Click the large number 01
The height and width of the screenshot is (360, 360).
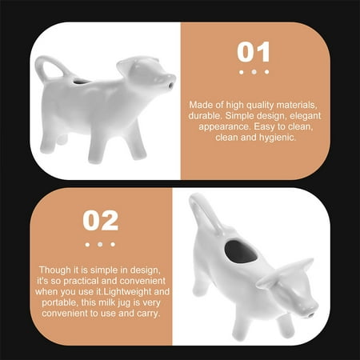(x=254, y=53)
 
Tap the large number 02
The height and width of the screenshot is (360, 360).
(x=101, y=220)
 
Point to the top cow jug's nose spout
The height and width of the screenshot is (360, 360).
(x=170, y=82)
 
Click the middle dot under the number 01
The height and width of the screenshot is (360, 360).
(x=254, y=72)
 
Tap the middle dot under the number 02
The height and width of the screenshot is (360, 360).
(x=101, y=243)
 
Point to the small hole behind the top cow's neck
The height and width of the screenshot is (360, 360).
(x=78, y=81)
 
